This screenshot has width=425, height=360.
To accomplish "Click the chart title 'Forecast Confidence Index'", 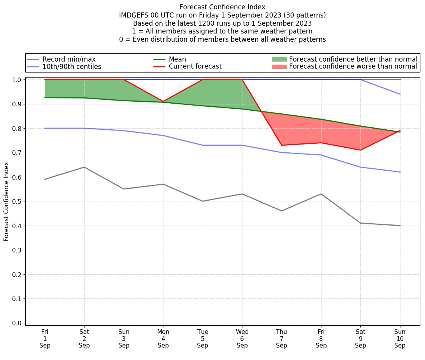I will [x=222, y=7].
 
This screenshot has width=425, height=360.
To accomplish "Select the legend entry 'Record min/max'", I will [x=69, y=59].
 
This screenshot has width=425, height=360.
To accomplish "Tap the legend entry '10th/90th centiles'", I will [x=72, y=67].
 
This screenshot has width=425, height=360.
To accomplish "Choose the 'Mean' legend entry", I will [x=177, y=59].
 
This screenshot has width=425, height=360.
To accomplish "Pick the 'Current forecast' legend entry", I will [x=195, y=67].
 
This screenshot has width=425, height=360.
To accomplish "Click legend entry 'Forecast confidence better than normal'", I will [x=353, y=59].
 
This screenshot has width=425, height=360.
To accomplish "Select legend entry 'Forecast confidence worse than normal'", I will [x=353, y=67].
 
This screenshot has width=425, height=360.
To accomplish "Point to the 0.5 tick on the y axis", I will [x=17, y=201].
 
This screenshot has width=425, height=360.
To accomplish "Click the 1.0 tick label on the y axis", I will [x=17, y=80].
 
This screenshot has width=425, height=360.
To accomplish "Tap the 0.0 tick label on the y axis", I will [x=17, y=323].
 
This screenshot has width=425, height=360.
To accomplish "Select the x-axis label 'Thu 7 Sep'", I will [x=282, y=338].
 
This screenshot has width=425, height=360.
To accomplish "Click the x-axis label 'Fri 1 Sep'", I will [x=45, y=338].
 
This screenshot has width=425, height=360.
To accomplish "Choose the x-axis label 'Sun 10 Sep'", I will [x=400, y=338].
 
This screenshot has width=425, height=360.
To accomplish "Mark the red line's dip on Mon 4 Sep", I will [x=163, y=102].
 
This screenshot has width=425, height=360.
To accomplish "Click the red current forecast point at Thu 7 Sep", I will [x=282, y=145].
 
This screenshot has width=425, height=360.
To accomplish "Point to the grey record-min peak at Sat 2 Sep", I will [x=84, y=167].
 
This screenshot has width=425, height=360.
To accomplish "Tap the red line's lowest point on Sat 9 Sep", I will [x=360, y=150].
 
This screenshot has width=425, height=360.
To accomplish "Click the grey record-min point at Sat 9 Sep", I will [x=360, y=223].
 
